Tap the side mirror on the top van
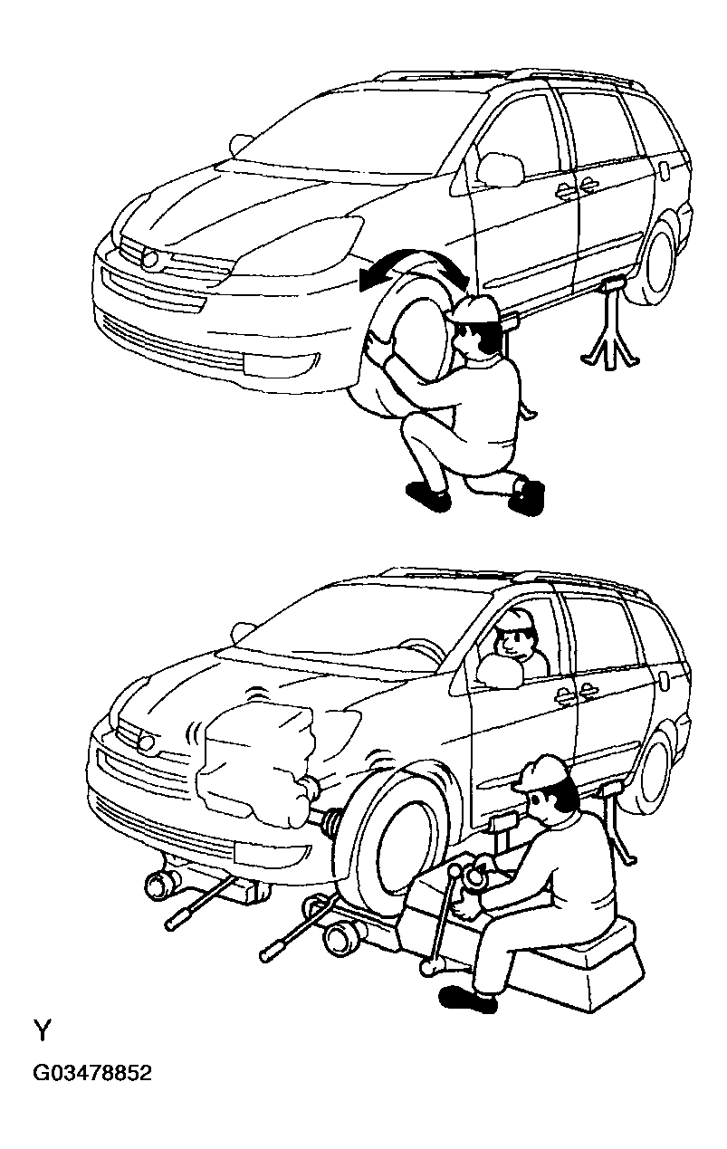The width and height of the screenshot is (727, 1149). pos(501,168)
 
